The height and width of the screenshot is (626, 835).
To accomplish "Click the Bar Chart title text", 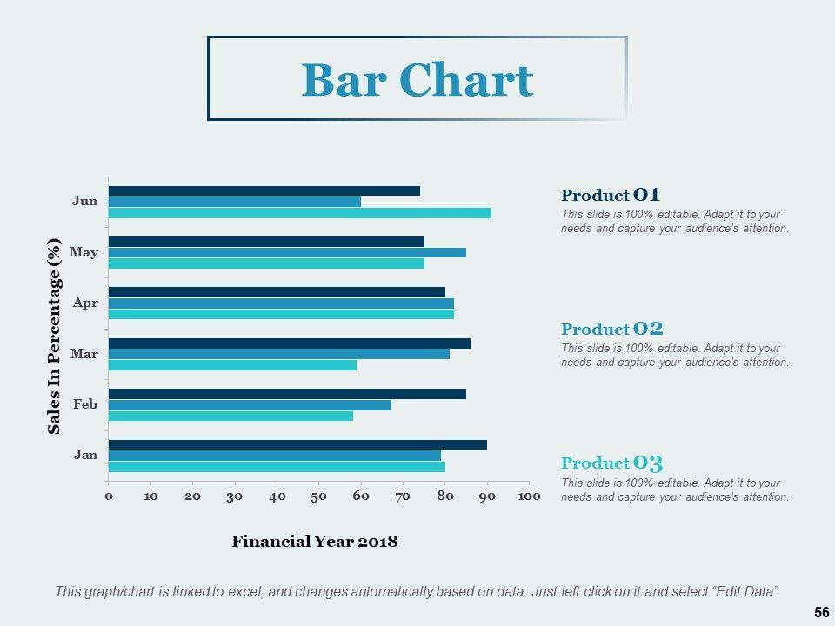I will [417, 80].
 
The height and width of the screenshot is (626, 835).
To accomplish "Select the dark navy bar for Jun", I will [264, 190].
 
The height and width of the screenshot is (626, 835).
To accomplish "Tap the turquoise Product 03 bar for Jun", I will [299, 213].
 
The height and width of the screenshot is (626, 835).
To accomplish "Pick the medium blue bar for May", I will [287, 252].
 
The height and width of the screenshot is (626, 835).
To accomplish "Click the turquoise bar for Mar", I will [232, 365].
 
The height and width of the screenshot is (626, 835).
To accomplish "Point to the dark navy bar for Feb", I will [287, 394].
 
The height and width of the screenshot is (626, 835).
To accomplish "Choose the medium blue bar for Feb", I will [249, 404].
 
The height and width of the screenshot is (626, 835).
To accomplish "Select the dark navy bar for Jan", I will [297, 444].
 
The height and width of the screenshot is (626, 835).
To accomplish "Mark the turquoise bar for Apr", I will [281, 314].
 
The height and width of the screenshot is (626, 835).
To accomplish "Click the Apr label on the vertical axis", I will [85, 303].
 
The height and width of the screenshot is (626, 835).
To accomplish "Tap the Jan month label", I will [85, 454].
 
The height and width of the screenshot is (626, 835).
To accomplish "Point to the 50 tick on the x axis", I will [318, 496].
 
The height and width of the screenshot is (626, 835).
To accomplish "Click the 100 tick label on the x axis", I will [529, 496].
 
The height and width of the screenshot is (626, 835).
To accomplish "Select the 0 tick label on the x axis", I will [109, 496].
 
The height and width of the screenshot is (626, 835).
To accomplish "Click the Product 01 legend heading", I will [611, 195].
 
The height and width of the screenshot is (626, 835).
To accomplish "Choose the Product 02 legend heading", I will [611, 329].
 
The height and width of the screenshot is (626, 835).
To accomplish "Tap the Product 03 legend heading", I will [611, 463].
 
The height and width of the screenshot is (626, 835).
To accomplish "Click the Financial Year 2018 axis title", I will [314, 542].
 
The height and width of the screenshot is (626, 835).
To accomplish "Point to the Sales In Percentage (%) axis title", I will [55, 336].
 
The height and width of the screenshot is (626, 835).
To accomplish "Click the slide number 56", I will [821, 613].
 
